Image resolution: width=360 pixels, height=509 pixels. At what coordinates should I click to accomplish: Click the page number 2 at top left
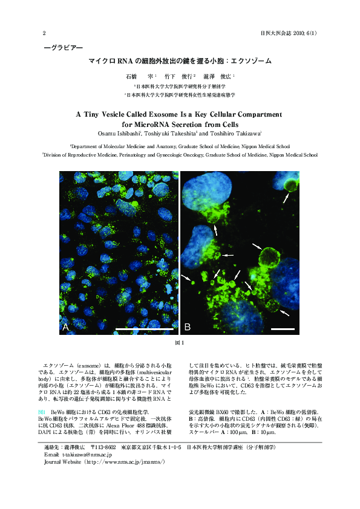coord(44,33)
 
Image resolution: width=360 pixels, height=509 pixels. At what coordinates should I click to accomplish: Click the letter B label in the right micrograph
coord(187,327)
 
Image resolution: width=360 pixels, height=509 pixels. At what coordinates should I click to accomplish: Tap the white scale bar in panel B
coord(283,329)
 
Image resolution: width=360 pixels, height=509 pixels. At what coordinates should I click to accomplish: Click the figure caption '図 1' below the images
coord(180,344)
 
